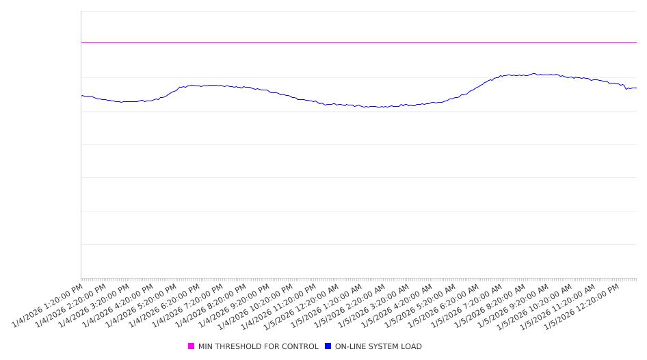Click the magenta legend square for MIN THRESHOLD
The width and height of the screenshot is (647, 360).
coord(192,346)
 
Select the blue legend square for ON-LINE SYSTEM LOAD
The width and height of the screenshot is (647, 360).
coord(328,346)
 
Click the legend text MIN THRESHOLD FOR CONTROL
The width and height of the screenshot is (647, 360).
coord(258,346)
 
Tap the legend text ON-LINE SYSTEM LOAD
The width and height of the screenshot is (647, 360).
coord(378,346)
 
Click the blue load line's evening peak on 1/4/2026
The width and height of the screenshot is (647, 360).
coord(213,85)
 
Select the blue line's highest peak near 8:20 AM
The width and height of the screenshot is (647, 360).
coord(534,74)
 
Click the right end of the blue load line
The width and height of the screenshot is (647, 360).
coord(636,88)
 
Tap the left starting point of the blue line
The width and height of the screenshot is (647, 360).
coord(81,96)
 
